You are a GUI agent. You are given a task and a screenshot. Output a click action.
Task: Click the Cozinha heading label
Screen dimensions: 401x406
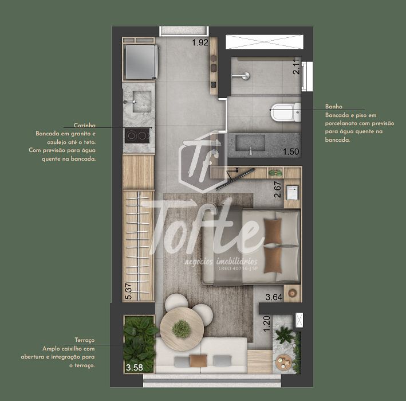click(84, 125)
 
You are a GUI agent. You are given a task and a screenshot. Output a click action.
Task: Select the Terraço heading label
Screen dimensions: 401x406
click(84, 340)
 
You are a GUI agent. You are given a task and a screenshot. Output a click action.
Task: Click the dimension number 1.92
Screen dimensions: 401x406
click(199, 42)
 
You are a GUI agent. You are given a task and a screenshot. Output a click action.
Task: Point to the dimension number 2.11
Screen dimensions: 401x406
click(296, 69)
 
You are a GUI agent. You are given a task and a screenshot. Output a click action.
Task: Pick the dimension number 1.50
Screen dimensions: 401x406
click(291, 151)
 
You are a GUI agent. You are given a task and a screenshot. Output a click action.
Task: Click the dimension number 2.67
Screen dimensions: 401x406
click(278, 190)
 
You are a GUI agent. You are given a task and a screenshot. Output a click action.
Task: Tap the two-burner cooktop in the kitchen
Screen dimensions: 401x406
click(137, 136)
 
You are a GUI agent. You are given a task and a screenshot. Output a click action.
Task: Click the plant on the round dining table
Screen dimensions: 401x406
click(182, 328)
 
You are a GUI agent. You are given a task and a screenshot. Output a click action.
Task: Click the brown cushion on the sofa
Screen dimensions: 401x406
click(198, 360)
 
